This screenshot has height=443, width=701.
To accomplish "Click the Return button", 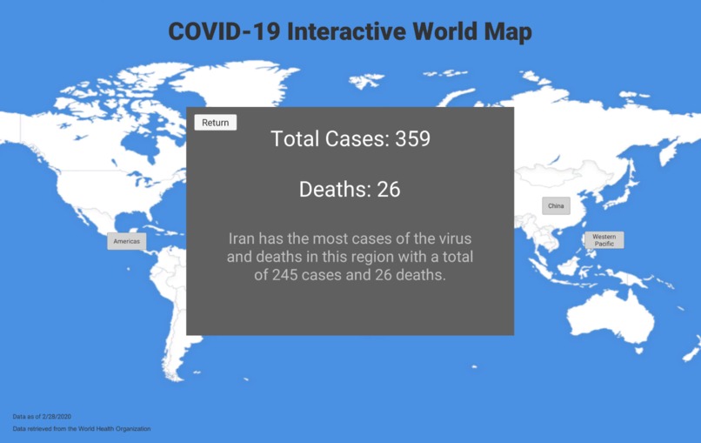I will tap(215, 123).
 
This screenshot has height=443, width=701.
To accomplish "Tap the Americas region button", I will tap(126, 241).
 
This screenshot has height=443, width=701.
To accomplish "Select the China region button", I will tap(555, 206).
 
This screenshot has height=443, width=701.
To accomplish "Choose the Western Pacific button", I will tap(604, 240).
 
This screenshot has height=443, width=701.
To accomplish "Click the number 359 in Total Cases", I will tap(413, 138).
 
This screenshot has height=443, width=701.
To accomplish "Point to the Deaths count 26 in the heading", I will tap(389, 190).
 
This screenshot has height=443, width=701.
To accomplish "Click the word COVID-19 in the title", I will tap(224, 32).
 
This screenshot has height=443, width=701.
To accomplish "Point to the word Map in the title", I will tap(509, 32).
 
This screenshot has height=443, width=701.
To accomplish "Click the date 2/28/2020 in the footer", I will tap(56, 417).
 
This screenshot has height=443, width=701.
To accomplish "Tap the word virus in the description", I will tap(439, 238).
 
